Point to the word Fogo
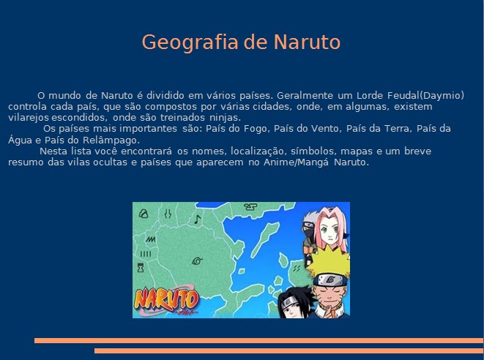253,129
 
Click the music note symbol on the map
196,218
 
